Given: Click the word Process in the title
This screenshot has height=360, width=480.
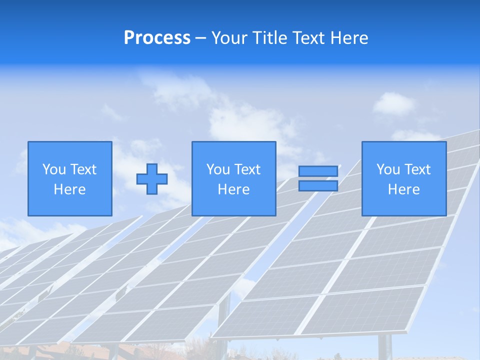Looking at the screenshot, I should click(x=157, y=38).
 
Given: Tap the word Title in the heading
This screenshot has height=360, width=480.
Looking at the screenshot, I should click(x=269, y=38).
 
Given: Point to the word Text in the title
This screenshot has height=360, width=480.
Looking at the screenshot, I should click(x=308, y=38).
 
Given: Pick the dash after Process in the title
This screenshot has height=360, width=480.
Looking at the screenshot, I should click(x=201, y=39).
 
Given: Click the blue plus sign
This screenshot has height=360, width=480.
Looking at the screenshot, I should click(x=152, y=178).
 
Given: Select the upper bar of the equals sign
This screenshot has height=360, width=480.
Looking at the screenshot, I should click(x=318, y=171).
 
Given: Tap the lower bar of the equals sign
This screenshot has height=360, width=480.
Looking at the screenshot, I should click(x=318, y=186).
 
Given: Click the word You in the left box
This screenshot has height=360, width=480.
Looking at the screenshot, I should click(x=54, y=169).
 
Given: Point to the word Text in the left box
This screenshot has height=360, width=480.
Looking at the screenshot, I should click(x=83, y=169).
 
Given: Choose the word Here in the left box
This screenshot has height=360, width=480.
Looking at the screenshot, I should click(x=69, y=189).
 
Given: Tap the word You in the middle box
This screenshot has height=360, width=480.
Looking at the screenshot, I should click(x=218, y=169).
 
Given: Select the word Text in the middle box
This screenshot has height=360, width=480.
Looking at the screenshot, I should click(x=247, y=169).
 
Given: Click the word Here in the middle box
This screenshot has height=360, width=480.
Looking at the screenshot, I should click(x=233, y=189).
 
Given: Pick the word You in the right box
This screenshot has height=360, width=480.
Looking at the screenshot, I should click(x=388, y=169).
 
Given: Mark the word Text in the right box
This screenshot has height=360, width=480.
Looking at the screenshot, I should click(x=417, y=169).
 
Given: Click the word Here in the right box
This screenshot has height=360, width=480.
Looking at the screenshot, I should click(x=403, y=189).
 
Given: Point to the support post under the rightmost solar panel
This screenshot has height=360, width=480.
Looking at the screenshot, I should click(x=384, y=347).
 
